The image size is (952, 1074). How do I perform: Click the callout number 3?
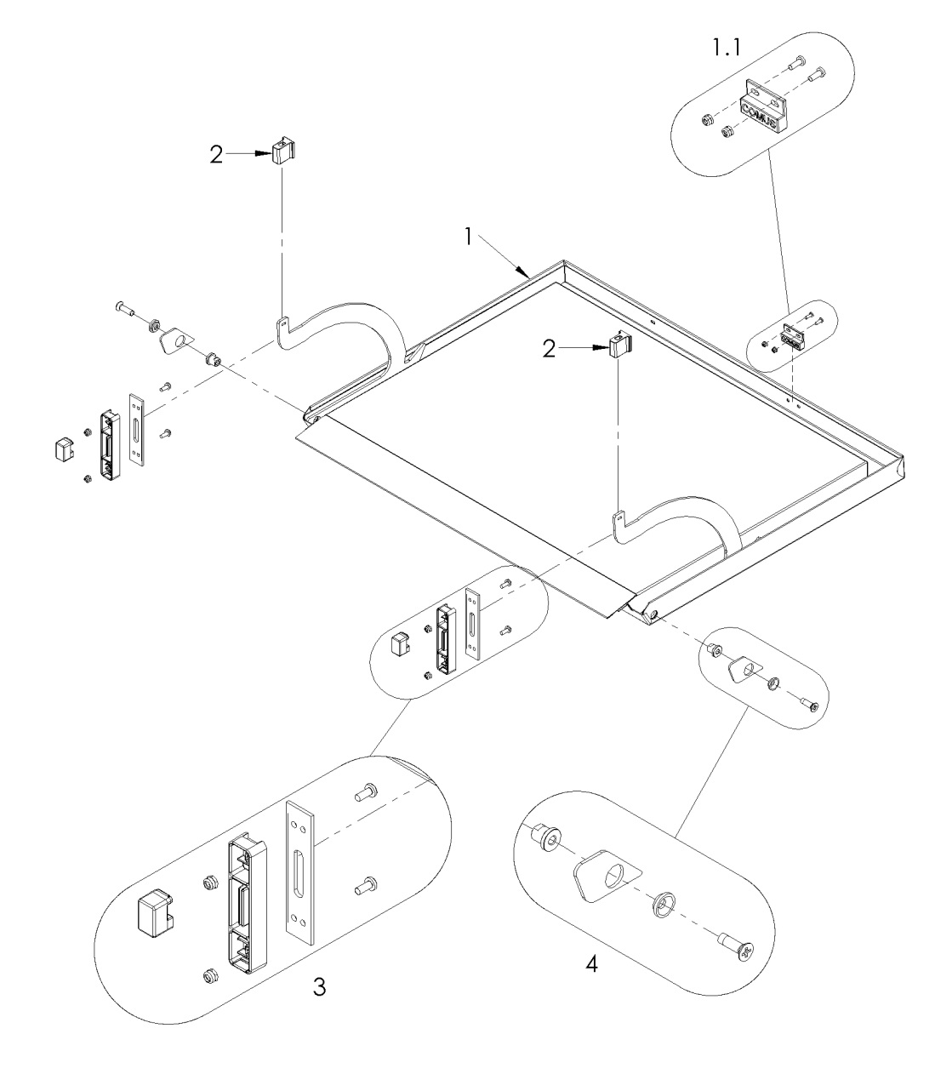pos(317,986)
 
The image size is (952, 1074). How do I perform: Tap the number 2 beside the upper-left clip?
pos(217,154)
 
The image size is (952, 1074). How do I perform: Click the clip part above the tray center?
pos(620,347)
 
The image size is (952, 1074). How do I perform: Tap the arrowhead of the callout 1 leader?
pos(528,275)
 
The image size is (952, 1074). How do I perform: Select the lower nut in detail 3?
pos(208,976)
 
